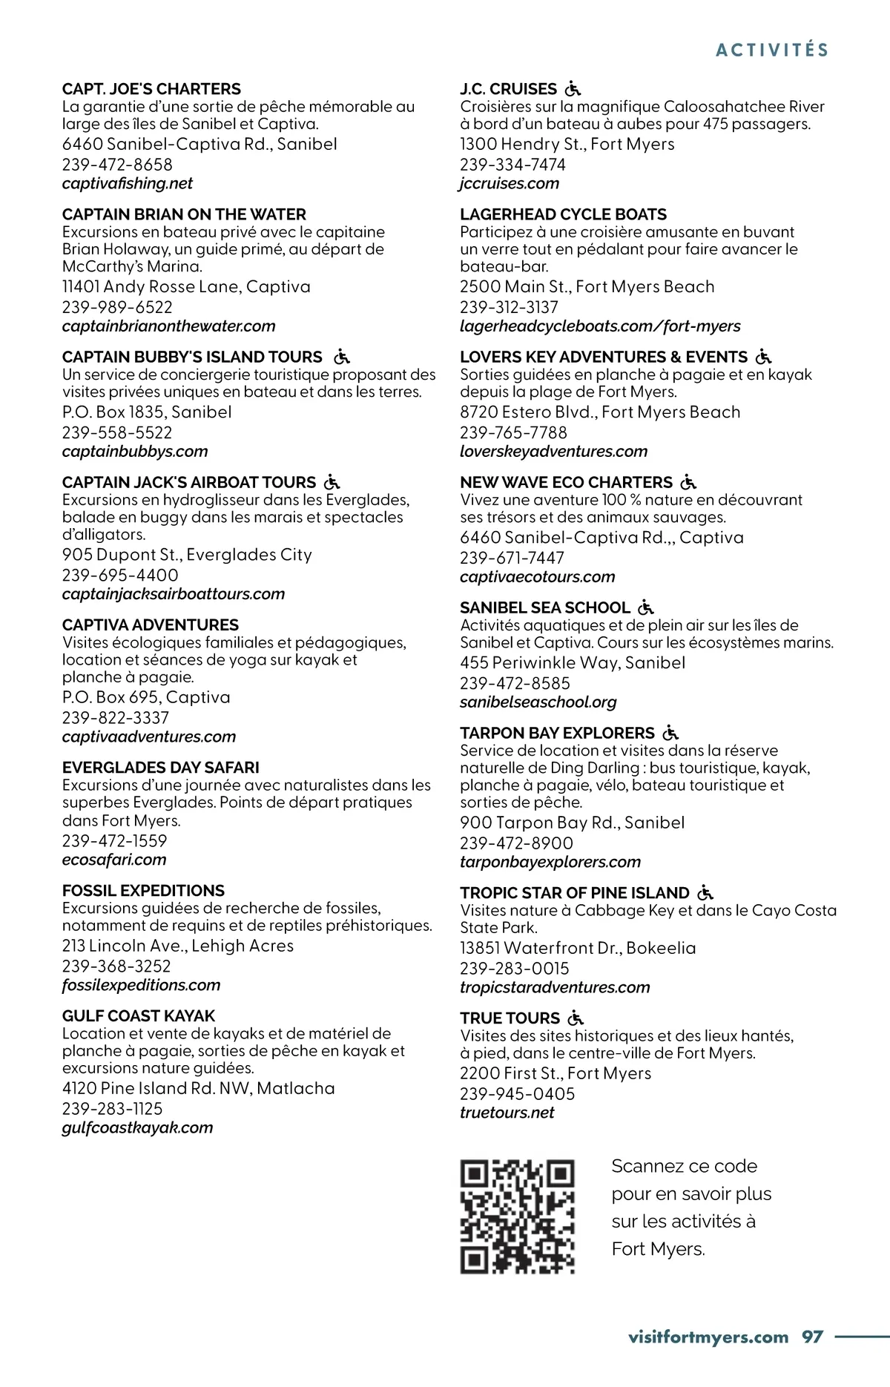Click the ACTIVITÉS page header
pos(772,50)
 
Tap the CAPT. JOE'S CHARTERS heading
pos(151,89)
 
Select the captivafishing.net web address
pos(128,184)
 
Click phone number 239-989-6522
pos(117,307)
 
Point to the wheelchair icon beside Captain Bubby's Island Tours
pos(342,357)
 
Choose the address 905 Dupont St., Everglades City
pos(187,555)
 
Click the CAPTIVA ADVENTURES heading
pos(151,625)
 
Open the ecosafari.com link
pos(114,860)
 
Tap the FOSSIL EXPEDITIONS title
pos(143,890)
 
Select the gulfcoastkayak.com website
pos(137,1127)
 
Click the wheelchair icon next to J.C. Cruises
pos(573,89)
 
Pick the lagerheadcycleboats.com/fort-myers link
pos(600,326)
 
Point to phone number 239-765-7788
pos(513,432)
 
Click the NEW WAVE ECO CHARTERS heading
pos(566,482)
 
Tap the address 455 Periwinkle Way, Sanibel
pos(573,662)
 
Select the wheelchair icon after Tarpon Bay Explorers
pos(670,733)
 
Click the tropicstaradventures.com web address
pos(555,987)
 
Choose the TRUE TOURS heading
pos(510,1018)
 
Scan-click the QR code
pos(518,1217)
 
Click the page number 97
pos(812,1337)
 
